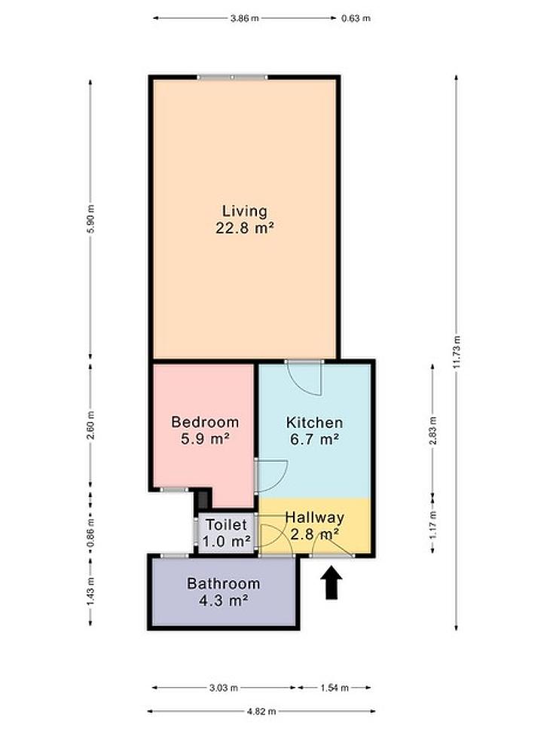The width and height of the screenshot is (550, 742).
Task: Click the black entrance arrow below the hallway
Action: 332,583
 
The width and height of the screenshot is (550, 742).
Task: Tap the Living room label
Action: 245,211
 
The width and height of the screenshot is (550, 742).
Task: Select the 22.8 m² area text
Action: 245,228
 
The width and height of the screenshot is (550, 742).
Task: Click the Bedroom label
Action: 205,422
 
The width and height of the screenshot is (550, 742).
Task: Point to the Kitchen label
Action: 314,422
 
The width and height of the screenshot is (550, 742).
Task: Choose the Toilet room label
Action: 226,525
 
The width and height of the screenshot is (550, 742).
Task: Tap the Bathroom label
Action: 224,584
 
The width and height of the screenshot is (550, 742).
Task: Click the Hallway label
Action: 314,518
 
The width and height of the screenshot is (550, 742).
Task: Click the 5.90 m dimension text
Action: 91,218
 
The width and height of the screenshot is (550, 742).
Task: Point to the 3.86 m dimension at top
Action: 245,18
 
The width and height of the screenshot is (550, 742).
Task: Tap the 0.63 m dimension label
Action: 356,18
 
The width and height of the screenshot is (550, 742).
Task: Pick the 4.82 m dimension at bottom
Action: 261,711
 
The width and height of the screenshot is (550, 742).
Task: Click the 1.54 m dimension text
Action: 335,688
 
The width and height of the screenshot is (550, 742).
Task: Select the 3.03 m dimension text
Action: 224,688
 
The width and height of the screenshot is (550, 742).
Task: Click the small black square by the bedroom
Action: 203,499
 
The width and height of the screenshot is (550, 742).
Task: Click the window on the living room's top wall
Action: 232,77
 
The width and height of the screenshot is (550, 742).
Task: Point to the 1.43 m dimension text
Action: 91,591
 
